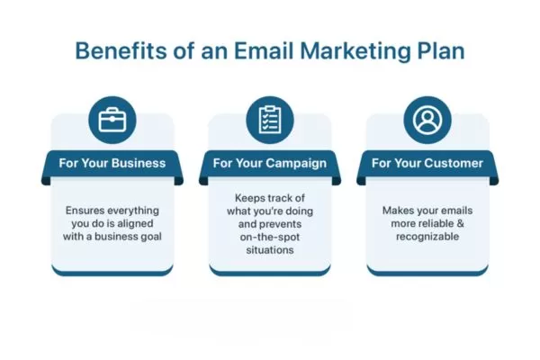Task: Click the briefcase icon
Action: click(112, 121)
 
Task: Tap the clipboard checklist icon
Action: click(269, 121)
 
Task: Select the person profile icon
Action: click(427, 121)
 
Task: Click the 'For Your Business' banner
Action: click(112, 164)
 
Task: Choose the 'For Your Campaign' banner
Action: click(269, 164)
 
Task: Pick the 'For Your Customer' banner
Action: click(427, 164)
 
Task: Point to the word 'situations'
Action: click(270, 250)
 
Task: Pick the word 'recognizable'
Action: click(427, 238)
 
